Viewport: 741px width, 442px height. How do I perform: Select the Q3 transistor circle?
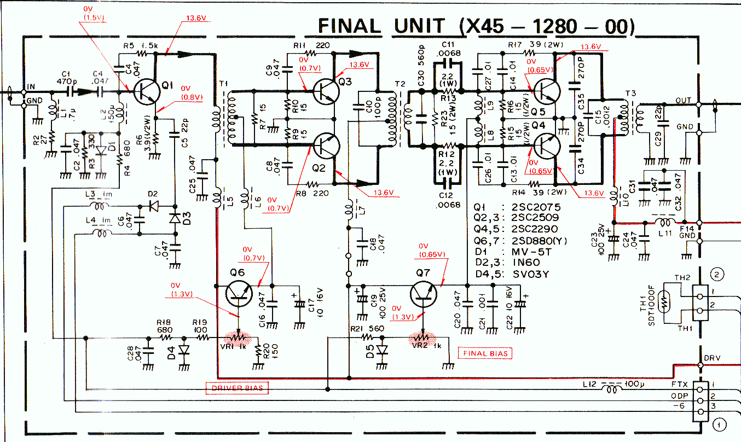tap(327, 91)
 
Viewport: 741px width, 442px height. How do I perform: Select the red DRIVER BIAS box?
tap(238, 388)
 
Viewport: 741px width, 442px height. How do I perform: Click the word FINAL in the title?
tap(349, 26)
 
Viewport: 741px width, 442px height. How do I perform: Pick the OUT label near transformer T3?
tap(683, 101)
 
